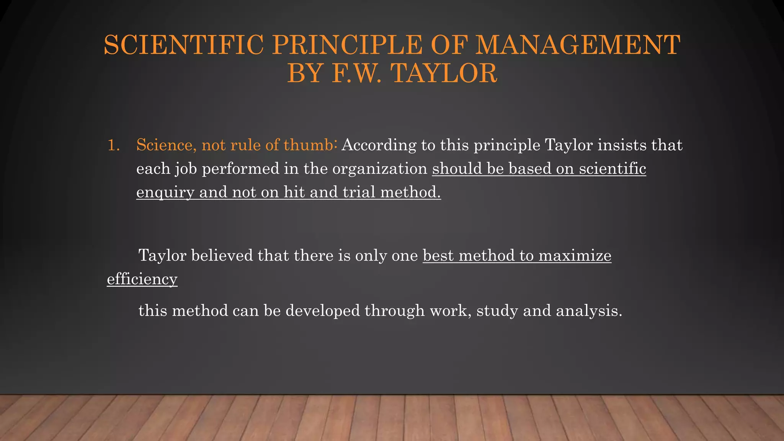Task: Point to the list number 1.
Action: (113, 145)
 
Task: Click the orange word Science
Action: (166, 145)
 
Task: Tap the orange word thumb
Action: (309, 145)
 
